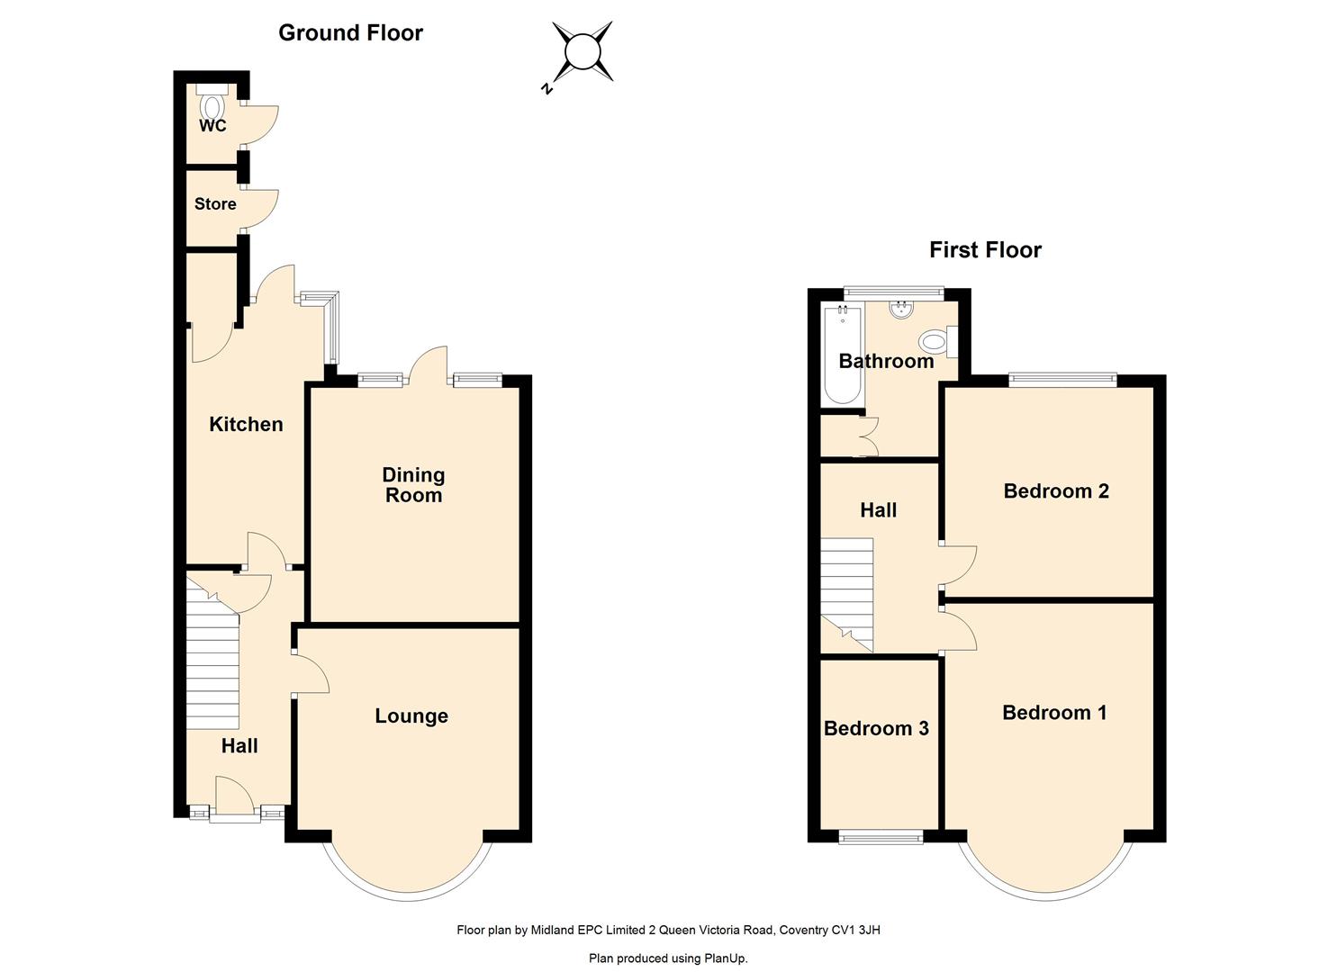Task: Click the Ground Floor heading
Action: (350, 32)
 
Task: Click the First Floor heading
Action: (985, 249)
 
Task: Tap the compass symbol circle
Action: (582, 51)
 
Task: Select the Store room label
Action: (215, 204)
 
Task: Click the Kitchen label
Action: (246, 424)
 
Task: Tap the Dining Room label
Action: (413, 484)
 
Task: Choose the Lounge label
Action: (411, 715)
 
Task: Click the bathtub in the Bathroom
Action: (842, 355)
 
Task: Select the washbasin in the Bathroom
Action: (901, 309)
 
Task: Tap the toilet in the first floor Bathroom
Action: (937, 342)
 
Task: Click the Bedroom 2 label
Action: (1056, 491)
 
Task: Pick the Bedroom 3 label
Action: (876, 728)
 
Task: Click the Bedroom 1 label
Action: (1054, 713)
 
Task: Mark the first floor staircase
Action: (846, 594)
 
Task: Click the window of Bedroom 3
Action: (881, 838)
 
